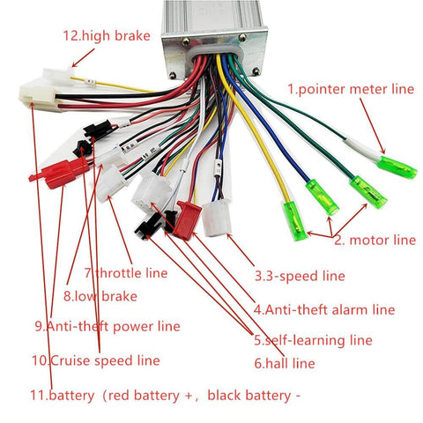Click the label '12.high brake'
point(106,36)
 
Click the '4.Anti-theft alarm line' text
point(323,309)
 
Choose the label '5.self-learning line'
point(313,339)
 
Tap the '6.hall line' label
point(285,362)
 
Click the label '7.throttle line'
point(127,272)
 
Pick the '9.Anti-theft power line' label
point(107,326)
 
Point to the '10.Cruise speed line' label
point(95,360)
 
